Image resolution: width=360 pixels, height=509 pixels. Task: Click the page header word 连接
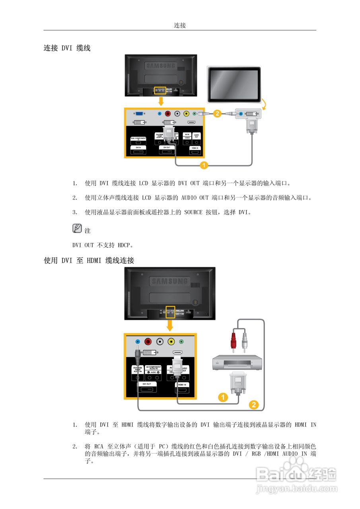coord(180,25)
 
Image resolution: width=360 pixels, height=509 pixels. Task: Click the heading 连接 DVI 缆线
coord(67,48)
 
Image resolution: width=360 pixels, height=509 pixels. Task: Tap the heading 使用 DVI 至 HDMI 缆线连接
coord(89,261)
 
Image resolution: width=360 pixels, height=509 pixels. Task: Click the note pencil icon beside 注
coord(77,229)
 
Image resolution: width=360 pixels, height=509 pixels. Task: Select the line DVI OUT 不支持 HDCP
coord(103,245)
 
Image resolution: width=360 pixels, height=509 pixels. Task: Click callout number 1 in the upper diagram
coord(203,164)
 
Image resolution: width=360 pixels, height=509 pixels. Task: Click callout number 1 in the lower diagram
coord(224,396)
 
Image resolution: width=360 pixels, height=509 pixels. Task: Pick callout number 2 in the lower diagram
coord(253,405)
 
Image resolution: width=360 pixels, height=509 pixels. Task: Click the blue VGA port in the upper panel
coord(139,114)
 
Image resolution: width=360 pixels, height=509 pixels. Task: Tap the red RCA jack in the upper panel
coord(167,114)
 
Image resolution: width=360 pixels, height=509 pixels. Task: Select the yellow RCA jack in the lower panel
coord(171,341)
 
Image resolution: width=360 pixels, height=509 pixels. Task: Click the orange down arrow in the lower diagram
coord(170,325)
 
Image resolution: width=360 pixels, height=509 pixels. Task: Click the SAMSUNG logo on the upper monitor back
coord(160,66)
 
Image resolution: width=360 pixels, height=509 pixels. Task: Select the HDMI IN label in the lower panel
coord(182,385)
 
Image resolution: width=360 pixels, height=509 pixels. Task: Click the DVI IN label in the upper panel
coord(138,148)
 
